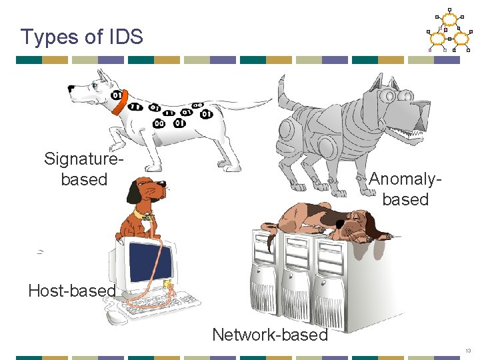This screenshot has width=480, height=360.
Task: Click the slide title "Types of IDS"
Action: point(81,37)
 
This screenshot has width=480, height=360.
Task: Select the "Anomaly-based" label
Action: point(405,189)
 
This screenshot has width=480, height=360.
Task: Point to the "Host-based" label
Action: point(72,291)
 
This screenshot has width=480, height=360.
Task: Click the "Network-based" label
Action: point(270,335)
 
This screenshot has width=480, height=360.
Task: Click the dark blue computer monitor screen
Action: point(151,262)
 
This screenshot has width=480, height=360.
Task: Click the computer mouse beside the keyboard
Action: point(116,317)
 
